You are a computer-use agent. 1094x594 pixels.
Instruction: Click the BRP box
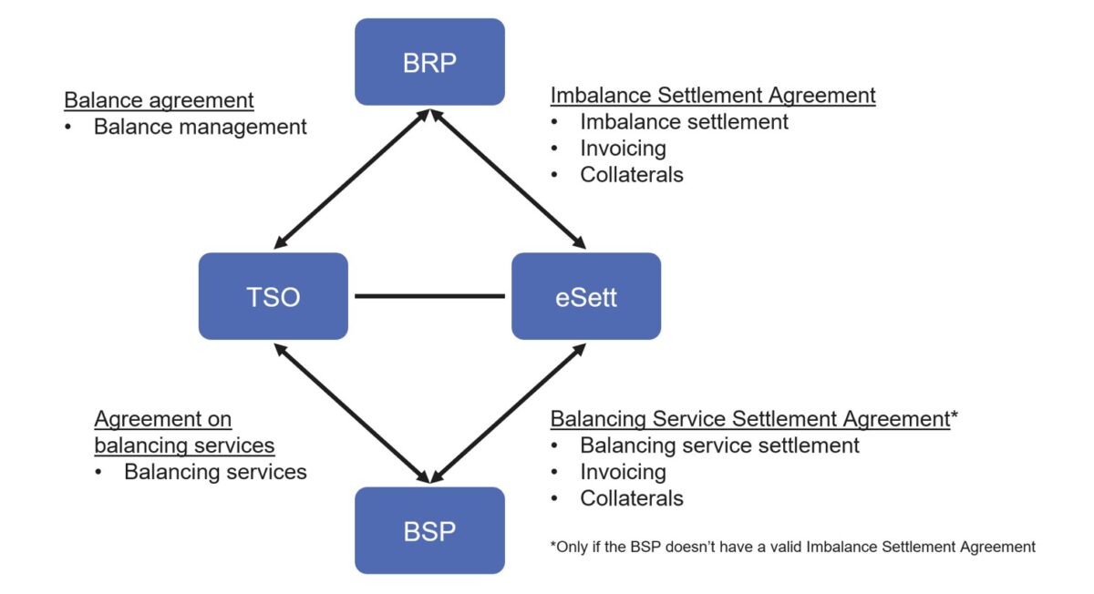[429, 62]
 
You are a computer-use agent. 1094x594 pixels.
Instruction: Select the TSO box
[273, 296]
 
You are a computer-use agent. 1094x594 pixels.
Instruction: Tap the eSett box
[586, 296]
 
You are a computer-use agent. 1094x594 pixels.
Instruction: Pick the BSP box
[429, 530]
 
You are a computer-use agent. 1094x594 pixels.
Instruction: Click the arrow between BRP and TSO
[352, 179]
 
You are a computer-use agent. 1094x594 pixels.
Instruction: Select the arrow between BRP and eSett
[508, 179]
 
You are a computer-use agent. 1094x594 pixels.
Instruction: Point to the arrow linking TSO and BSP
[352, 414]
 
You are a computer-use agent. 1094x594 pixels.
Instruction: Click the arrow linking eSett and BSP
[508, 414]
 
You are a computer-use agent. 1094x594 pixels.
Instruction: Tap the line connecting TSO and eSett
[429, 296]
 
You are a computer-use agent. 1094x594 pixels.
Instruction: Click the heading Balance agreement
[159, 100]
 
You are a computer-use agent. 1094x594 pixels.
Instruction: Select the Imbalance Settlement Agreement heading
[713, 95]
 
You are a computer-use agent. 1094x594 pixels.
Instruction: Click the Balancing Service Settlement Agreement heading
[750, 419]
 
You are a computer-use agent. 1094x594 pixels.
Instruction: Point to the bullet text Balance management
[201, 127]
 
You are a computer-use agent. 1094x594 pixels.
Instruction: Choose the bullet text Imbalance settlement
[685, 121]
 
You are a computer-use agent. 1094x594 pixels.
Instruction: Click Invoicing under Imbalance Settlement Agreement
[624, 148]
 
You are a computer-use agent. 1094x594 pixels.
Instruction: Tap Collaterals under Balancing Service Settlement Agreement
[632, 498]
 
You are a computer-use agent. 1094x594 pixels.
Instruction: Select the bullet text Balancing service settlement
[719, 445]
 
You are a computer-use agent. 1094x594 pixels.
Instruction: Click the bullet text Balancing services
[215, 472]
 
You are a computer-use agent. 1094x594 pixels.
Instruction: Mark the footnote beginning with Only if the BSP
[792, 547]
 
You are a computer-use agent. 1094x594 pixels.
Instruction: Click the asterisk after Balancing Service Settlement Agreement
[955, 415]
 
